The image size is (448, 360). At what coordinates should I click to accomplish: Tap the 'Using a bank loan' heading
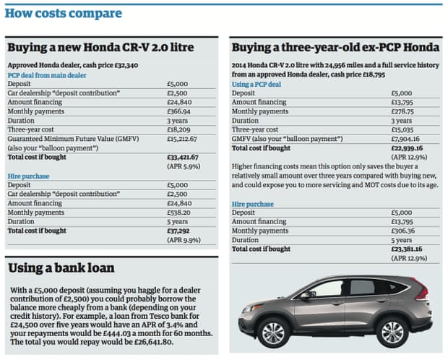click(61, 267)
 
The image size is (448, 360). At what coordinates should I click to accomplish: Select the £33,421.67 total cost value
click(184, 155)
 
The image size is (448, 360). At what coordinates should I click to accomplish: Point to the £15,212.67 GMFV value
click(184, 138)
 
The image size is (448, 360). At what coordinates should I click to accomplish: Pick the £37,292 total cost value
click(178, 231)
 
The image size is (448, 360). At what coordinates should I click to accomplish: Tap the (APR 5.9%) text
click(184, 166)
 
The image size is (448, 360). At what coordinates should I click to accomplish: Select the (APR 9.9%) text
click(184, 240)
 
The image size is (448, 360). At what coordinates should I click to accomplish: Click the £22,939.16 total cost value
click(409, 147)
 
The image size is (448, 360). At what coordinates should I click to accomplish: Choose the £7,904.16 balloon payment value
click(406, 138)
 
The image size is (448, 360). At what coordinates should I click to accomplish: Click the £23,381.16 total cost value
click(408, 248)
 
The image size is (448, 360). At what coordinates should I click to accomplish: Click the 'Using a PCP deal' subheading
click(256, 84)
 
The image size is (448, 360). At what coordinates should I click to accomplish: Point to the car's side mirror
click(306, 295)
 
